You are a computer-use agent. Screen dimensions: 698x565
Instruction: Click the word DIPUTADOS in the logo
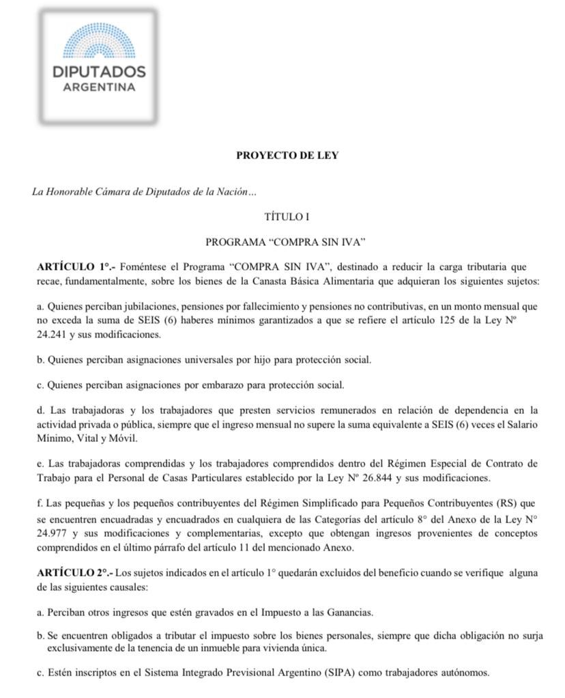(99, 71)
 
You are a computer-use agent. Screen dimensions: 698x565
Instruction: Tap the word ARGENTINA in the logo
(99, 87)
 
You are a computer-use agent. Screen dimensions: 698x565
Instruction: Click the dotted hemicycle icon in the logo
(99, 42)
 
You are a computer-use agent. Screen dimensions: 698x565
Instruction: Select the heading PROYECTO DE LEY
(287, 155)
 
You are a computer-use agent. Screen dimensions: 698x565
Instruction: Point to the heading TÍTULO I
(287, 217)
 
